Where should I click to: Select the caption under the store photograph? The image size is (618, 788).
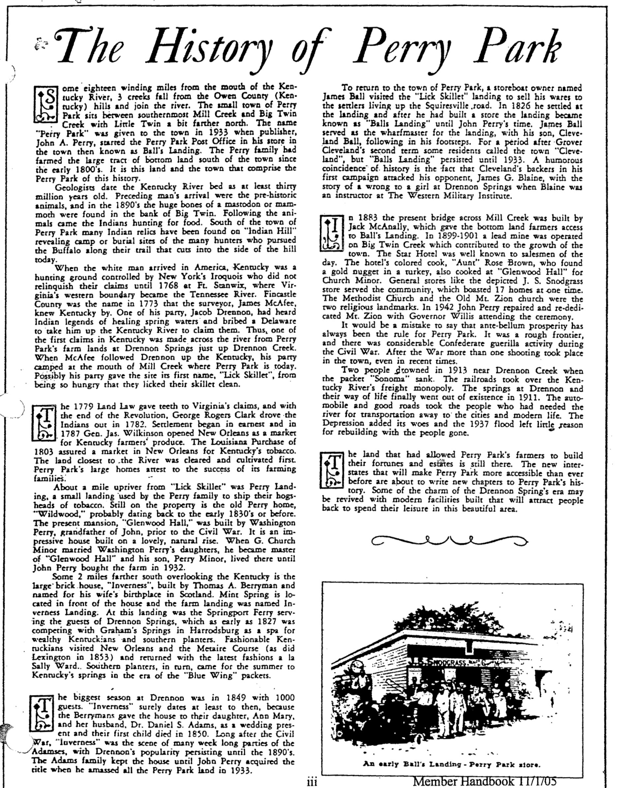(452, 764)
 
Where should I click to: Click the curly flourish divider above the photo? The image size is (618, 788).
(449, 540)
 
